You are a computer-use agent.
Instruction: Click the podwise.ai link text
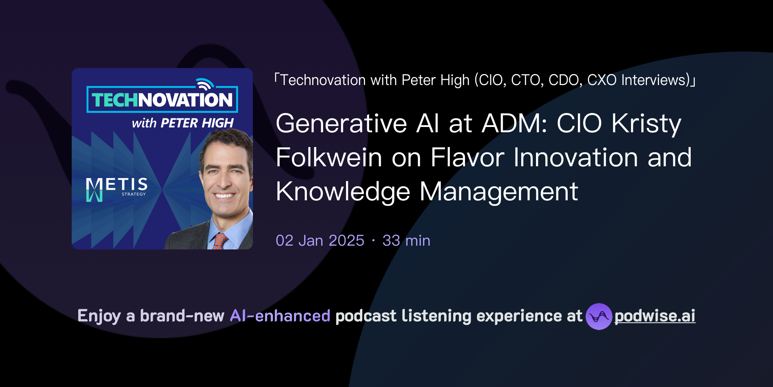tap(654, 316)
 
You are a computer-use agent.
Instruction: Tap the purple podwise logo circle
tap(599, 316)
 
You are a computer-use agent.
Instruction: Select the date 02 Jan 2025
tap(320, 241)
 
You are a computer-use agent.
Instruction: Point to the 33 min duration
tap(406, 241)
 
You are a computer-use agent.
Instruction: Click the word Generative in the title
tap(341, 124)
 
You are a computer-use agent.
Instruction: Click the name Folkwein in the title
tap(329, 158)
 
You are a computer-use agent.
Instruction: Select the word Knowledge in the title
tap(343, 192)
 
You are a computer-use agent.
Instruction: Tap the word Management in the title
tap(499, 192)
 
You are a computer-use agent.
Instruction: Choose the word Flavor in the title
tap(467, 158)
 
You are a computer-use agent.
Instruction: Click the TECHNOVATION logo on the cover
tap(162, 100)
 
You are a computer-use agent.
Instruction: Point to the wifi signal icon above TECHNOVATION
tap(205, 84)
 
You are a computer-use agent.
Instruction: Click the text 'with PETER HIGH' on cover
tap(183, 123)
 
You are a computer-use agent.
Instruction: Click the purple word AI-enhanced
tap(280, 316)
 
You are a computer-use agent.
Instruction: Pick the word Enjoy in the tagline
tap(99, 316)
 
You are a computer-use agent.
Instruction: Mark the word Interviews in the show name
tap(655, 80)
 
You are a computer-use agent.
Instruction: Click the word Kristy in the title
tap(646, 124)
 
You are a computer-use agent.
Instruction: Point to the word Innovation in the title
tap(576, 158)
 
